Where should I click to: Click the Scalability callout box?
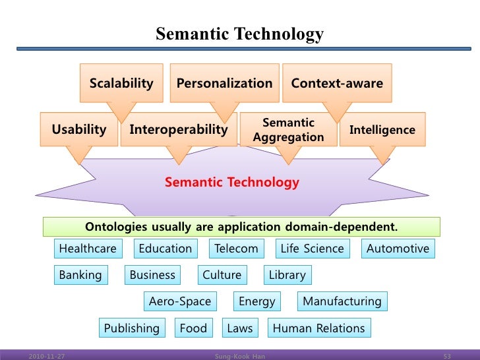[x=121, y=83]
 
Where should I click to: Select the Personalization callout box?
[x=224, y=83]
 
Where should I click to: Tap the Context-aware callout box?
[x=337, y=83]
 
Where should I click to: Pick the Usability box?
[x=79, y=129]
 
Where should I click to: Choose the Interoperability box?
[x=178, y=129]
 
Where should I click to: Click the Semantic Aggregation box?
[x=288, y=129]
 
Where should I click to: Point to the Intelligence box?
[x=382, y=130]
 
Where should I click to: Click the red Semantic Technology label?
[x=231, y=182]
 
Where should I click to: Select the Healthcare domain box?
[x=88, y=249]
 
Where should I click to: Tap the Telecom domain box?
[x=236, y=249]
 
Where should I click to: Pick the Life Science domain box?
[x=312, y=249]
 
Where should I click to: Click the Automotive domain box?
[x=398, y=249]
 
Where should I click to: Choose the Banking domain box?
[x=80, y=275]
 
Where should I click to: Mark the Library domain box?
[x=287, y=275]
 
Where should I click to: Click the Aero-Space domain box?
[x=180, y=301]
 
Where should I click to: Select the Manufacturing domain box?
[x=342, y=301]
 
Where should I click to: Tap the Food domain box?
[x=193, y=328]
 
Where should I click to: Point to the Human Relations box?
[x=318, y=328]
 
